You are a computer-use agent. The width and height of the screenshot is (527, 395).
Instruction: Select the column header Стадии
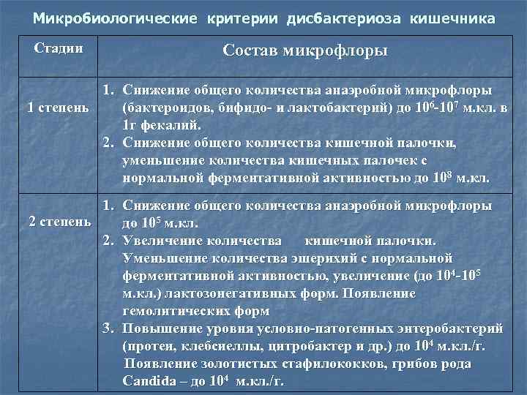59,49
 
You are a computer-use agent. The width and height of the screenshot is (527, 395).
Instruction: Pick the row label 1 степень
57,108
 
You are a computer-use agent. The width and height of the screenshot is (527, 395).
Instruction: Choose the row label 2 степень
60,221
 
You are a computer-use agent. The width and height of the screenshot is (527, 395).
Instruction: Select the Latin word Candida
149,381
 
